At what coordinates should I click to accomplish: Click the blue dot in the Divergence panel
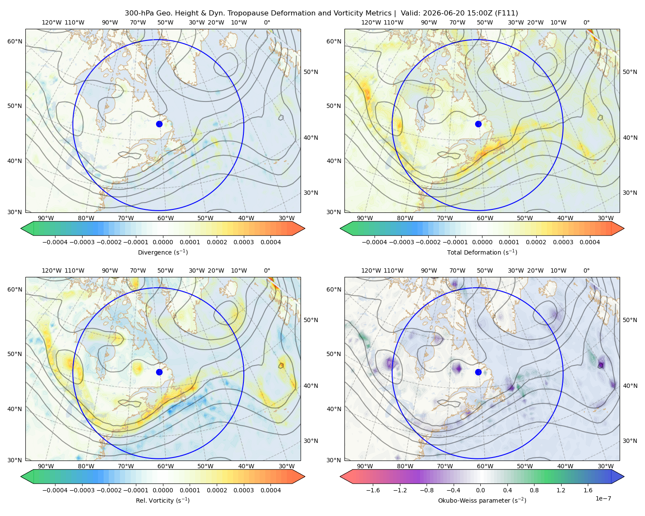point(159,124)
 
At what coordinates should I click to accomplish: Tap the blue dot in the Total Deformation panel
point(478,124)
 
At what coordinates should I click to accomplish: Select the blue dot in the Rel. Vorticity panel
point(159,372)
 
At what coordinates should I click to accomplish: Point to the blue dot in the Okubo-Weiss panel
point(478,372)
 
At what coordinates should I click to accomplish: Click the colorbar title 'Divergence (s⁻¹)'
point(163,252)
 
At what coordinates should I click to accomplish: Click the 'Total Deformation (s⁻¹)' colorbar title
point(482,252)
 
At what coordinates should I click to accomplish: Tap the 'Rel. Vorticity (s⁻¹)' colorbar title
point(163,500)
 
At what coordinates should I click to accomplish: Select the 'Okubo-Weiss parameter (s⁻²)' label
point(482,500)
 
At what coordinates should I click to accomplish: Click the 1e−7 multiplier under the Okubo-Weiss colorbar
point(603,498)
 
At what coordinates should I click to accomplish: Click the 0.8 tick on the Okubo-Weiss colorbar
point(534,490)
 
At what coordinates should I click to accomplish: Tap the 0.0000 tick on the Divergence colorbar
point(163,242)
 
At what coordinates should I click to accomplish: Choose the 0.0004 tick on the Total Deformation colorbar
point(590,242)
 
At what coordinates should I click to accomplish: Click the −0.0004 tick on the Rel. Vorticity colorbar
point(55,490)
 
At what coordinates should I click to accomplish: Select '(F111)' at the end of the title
point(507,13)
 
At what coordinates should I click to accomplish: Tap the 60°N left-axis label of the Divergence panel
point(15,41)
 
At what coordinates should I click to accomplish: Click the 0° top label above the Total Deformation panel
point(586,22)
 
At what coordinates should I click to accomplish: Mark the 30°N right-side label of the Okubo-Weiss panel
point(611,441)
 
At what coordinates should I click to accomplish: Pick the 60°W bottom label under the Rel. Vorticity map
point(166,466)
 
